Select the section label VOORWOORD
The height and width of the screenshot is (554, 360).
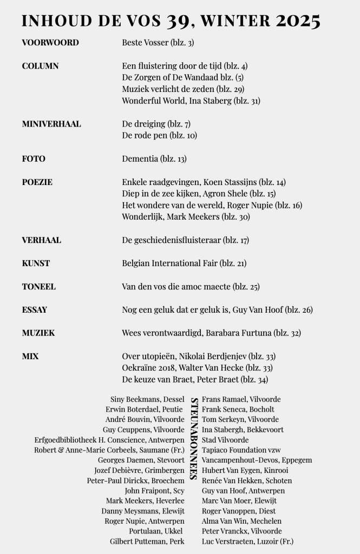[50, 42]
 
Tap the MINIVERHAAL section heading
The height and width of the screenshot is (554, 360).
[51, 124]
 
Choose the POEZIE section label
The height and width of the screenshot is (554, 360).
[37, 182]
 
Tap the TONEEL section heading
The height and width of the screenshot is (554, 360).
[38, 286]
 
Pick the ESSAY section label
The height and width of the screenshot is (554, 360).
[35, 310]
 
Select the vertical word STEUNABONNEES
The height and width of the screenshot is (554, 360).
[193, 439]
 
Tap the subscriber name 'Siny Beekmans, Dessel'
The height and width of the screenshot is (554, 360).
[147, 399]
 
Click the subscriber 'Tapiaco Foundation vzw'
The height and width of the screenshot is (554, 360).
[241, 450]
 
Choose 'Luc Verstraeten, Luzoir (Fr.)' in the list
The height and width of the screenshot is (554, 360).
[248, 542]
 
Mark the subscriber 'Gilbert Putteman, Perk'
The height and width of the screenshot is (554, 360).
[147, 542]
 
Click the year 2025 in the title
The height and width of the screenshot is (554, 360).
[297, 21]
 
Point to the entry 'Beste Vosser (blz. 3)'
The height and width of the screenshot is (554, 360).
[158, 42]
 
